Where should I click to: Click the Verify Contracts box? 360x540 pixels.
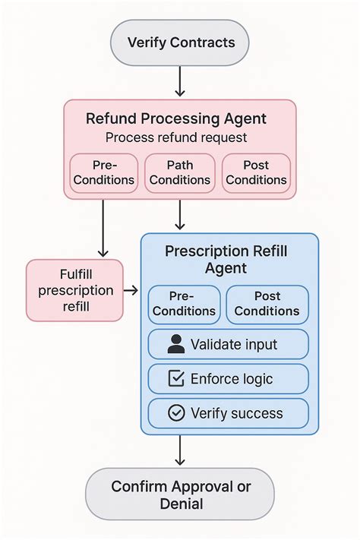pyautogui.click(x=180, y=43)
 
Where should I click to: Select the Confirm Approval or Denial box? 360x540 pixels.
pyautogui.click(x=180, y=494)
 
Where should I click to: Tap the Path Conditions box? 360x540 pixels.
pyautogui.click(x=180, y=172)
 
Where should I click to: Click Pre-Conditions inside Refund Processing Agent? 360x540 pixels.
pyautogui.click(x=104, y=172)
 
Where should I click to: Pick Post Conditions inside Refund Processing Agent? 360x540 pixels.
pyautogui.click(x=256, y=172)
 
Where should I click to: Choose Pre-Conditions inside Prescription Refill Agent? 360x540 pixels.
pyautogui.click(x=184, y=304)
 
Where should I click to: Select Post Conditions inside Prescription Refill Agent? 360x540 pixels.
pyautogui.click(x=267, y=304)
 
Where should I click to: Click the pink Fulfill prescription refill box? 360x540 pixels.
pyautogui.click(x=74, y=290)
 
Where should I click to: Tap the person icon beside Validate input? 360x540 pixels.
pyautogui.click(x=176, y=344)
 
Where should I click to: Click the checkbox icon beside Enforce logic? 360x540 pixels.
pyautogui.click(x=176, y=378)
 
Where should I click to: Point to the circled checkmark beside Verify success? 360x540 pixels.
pyautogui.click(x=176, y=413)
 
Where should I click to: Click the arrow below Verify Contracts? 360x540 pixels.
pyautogui.click(x=180, y=81)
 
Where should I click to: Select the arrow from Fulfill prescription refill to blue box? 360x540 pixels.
pyautogui.click(x=131, y=290)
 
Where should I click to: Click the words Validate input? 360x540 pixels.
pyautogui.click(x=234, y=344)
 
